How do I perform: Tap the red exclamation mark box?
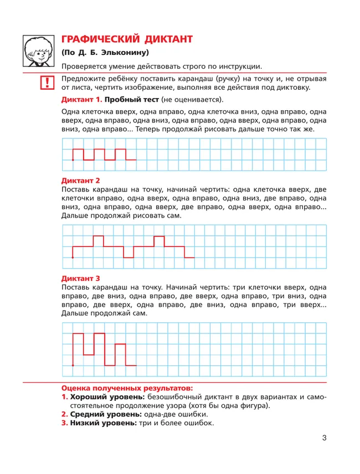click(48, 83)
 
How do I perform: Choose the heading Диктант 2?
click(80, 181)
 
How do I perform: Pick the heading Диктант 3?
click(80, 279)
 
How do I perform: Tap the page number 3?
click(325, 439)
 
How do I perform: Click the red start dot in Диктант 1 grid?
click(73, 160)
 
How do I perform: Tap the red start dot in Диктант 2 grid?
click(73, 257)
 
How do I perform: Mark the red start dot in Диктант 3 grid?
click(73, 365)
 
